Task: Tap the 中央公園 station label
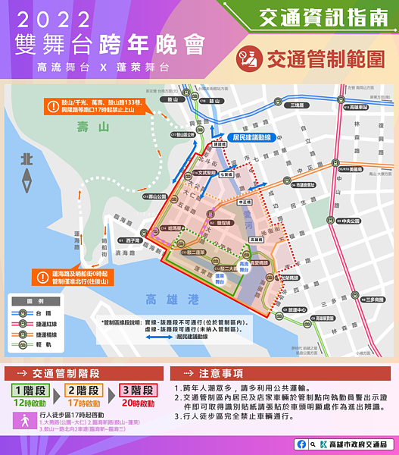(348, 221)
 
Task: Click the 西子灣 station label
(134, 240)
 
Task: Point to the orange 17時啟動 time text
(84, 405)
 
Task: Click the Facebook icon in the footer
(302, 444)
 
